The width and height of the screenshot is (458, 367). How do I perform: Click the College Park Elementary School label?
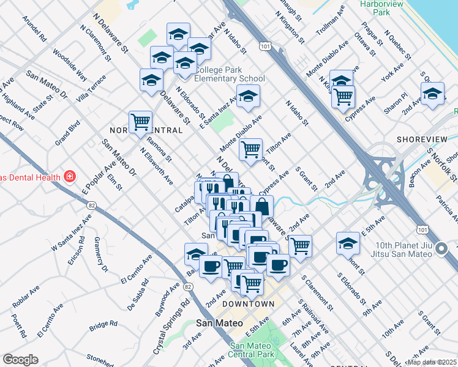point(230,74)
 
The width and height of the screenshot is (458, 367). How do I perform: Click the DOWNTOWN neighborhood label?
point(248,304)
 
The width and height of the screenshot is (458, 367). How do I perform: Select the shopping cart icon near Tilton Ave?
point(250,149)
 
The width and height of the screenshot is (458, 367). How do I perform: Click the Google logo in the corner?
point(21,360)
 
